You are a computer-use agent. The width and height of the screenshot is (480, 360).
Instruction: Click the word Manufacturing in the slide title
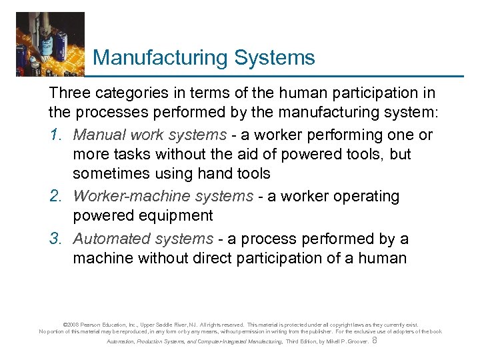161,58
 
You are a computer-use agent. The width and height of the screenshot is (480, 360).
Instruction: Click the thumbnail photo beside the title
51,44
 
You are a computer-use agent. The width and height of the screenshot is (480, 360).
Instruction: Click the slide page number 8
375,341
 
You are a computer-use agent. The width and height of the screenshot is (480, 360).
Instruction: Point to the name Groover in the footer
355,342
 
